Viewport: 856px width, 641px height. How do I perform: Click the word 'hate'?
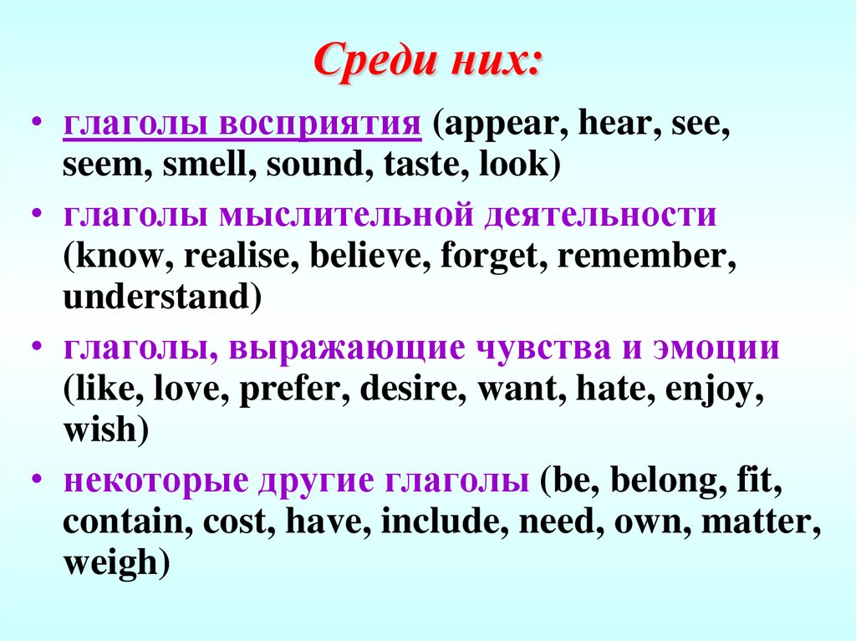[610, 389]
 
